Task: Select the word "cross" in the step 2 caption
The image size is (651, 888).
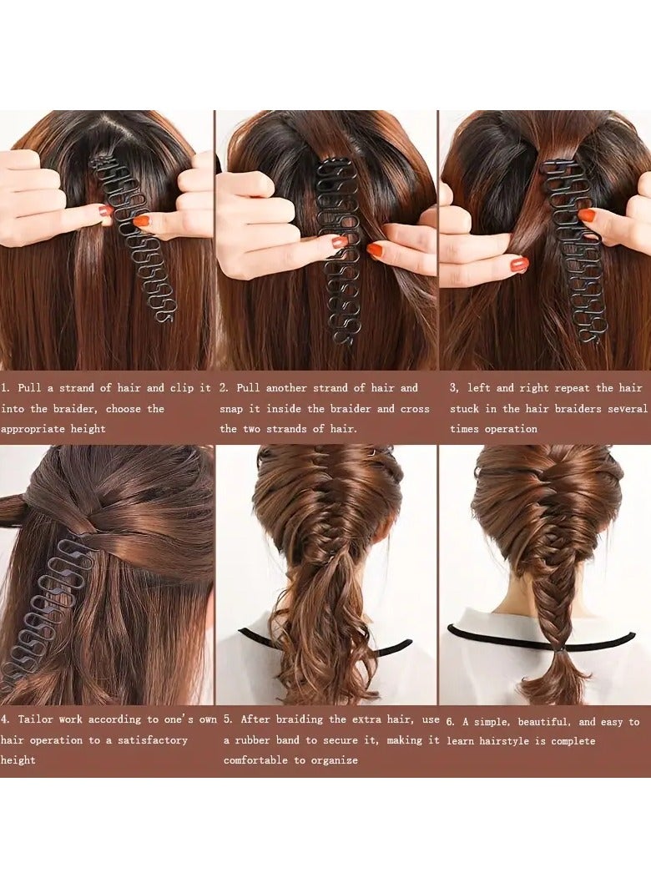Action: (x=413, y=409)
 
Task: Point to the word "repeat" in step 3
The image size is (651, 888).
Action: (x=573, y=388)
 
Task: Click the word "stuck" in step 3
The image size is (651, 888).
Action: (x=465, y=409)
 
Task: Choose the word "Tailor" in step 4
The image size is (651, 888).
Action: (x=38, y=719)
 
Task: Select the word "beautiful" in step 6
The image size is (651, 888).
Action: (x=540, y=722)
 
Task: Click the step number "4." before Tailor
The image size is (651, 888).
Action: (x=5, y=719)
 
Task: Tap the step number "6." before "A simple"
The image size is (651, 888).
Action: (x=451, y=722)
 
